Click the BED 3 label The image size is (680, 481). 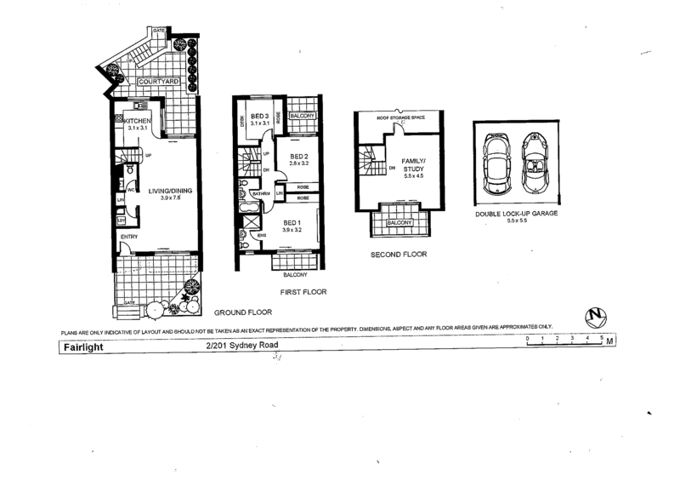260,116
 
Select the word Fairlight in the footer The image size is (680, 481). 81,347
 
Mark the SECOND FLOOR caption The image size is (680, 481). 399,255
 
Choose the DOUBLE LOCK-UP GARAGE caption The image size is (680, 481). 517,214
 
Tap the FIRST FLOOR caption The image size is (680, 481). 303,291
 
